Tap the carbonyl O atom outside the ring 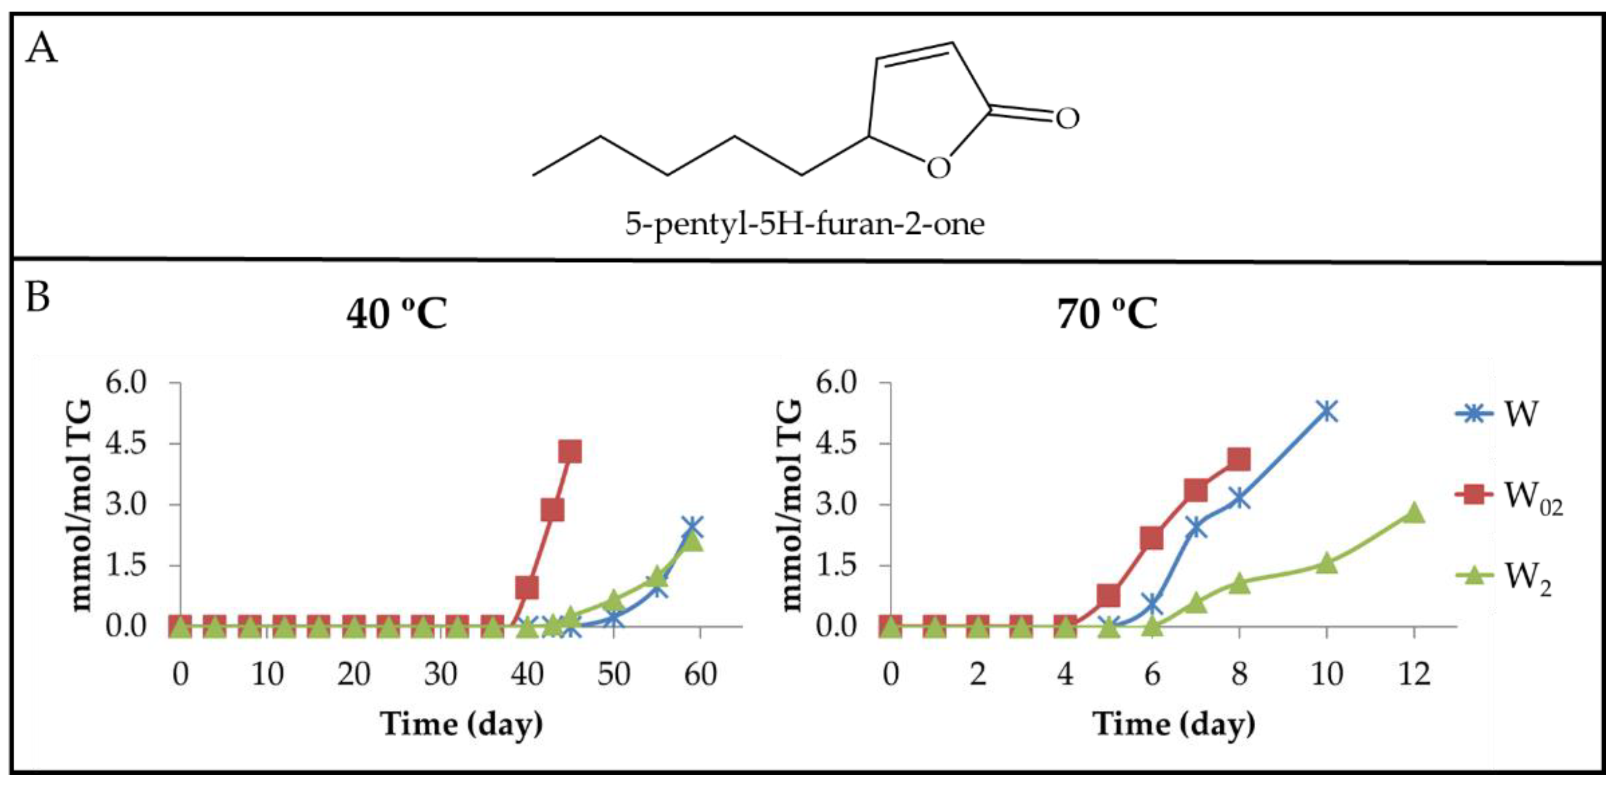click(1067, 117)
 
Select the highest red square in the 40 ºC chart click(570, 451)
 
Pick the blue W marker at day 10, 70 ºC click(1326, 412)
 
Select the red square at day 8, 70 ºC click(1238, 459)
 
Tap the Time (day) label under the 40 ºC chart click(462, 725)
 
